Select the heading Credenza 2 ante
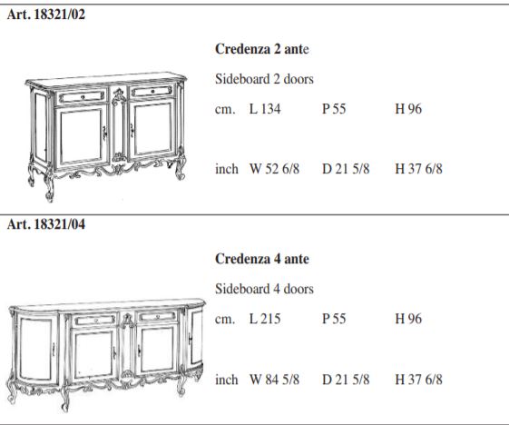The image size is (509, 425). [x=262, y=49]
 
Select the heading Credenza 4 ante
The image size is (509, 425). [x=262, y=259]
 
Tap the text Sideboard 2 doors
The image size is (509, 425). [x=264, y=79]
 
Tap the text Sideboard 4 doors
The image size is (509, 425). [x=264, y=289]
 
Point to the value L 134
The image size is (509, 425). [x=265, y=109]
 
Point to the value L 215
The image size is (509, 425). [x=265, y=319]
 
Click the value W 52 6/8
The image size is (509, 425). [x=274, y=169]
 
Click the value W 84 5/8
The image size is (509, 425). [x=274, y=380]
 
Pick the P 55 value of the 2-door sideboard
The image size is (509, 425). [x=334, y=109]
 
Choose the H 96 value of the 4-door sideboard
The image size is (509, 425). [x=408, y=319]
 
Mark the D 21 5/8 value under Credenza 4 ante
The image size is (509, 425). [x=346, y=380]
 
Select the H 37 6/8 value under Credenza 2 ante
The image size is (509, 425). [x=419, y=169]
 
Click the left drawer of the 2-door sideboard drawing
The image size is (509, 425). [x=82, y=97]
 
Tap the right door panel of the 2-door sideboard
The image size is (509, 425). [x=152, y=129]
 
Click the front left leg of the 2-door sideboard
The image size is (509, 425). [x=50, y=186]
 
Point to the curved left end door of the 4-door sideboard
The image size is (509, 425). [x=35, y=347]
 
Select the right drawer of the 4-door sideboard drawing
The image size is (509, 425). [x=158, y=317]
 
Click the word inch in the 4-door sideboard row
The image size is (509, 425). [x=227, y=380]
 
